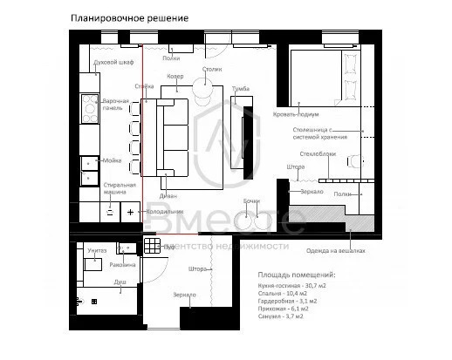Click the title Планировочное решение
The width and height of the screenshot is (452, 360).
pyautogui.click(x=128, y=17)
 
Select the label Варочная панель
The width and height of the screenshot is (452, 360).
pyautogui.click(x=116, y=105)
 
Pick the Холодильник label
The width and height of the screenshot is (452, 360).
pyautogui.click(x=162, y=212)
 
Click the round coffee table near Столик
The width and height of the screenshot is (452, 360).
pyautogui.click(x=203, y=89)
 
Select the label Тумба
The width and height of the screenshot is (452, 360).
pyautogui.click(x=242, y=89)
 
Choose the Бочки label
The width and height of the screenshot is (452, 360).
pyautogui.click(x=251, y=202)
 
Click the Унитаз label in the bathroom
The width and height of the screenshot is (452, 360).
pyautogui.click(x=98, y=250)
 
